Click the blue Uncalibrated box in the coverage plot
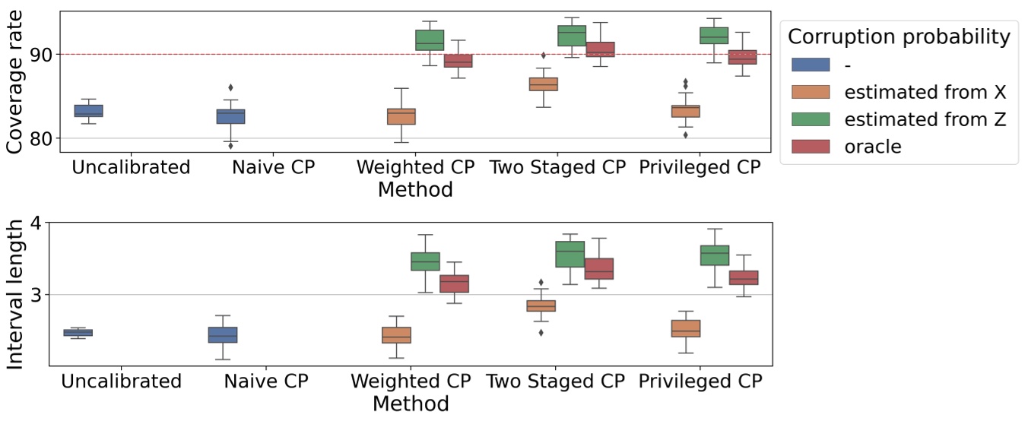point(88,111)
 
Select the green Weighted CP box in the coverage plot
point(429,40)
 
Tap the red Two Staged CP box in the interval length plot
point(598,269)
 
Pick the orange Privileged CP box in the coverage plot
point(685,111)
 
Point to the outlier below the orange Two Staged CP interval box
point(541,332)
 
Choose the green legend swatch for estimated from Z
point(810,119)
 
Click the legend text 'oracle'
point(872,147)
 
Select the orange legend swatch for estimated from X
point(810,92)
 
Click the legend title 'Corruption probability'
point(899,36)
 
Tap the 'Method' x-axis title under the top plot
point(415,189)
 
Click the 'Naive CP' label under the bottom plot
point(266,381)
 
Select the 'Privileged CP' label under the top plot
point(699,167)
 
